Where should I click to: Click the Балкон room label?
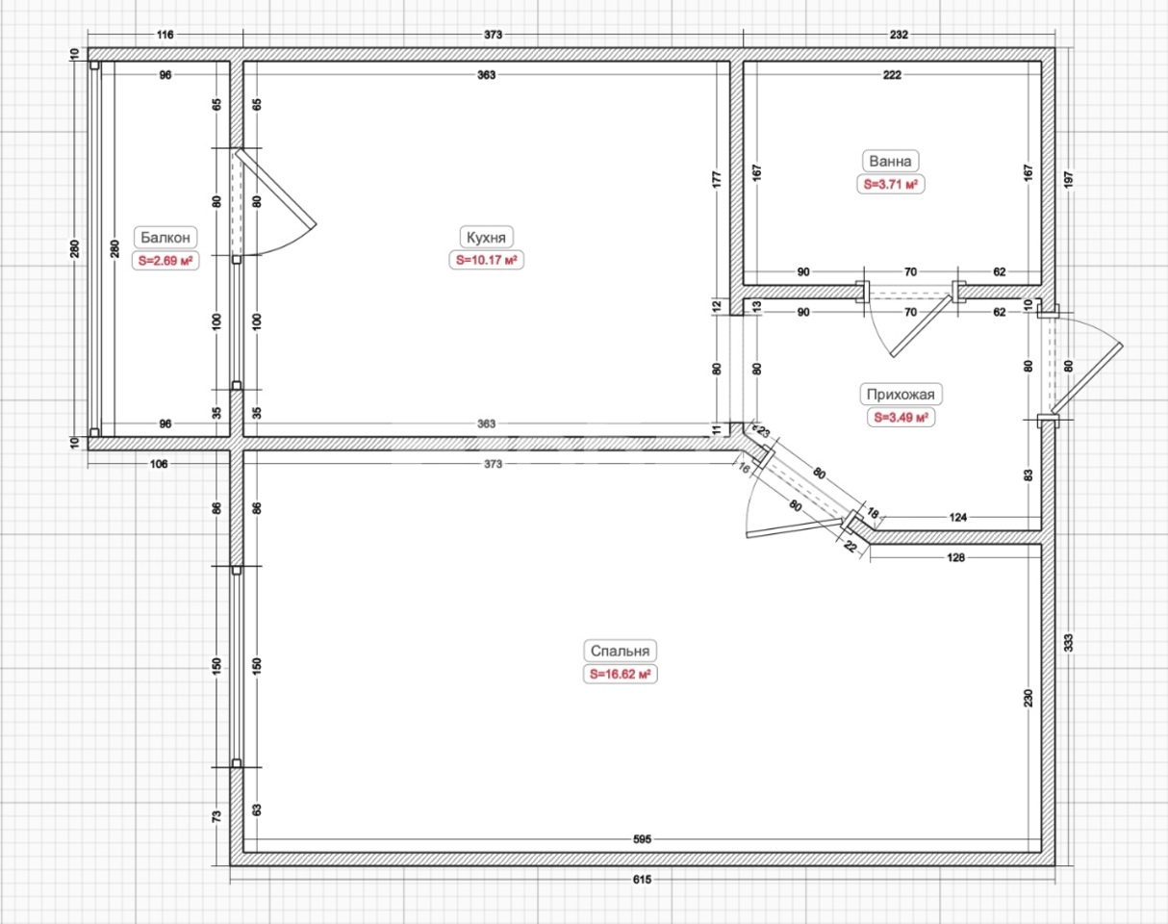click(x=165, y=237)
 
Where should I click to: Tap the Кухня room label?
click(x=486, y=237)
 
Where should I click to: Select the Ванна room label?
click(x=890, y=161)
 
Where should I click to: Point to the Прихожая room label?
click(x=901, y=394)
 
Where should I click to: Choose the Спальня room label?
click(x=620, y=651)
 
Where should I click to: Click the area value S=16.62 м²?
click(x=620, y=675)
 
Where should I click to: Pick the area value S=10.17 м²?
click(x=486, y=260)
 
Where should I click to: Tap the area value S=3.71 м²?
click(x=890, y=184)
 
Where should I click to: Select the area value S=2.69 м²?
click(x=165, y=260)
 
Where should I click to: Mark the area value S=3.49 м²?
click(x=901, y=418)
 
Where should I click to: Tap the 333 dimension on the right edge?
click(x=1069, y=643)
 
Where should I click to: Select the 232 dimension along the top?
click(x=899, y=35)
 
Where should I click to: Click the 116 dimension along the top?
click(x=165, y=35)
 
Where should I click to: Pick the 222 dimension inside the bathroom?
click(x=892, y=75)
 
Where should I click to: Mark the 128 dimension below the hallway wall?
click(x=955, y=557)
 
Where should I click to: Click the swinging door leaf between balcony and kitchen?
click(x=276, y=188)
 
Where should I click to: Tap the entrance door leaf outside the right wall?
click(x=1087, y=377)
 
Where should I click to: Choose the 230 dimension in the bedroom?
click(x=1028, y=698)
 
